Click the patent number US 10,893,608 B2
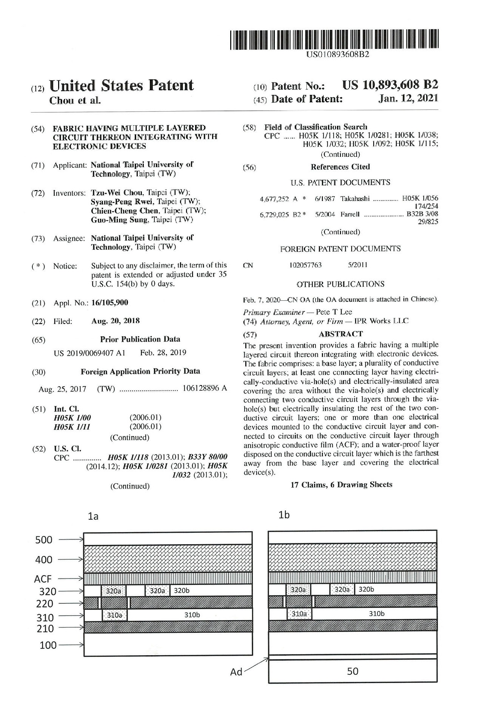pyautogui.click(x=390, y=85)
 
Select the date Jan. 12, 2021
pyautogui.click(x=408, y=99)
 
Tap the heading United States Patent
pyautogui.click(x=121, y=86)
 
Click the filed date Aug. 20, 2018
pyautogui.click(x=115, y=321)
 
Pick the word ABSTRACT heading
pyautogui.click(x=340, y=334)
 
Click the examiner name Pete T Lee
pyautogui.click(x=334, y=312)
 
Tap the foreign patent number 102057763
pyautogui.click(x=305, y=265)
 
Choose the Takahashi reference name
pyautogui.click(x=355, y=199)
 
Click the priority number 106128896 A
pyautogui.click(x=204, y=388)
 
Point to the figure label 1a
pyautogui.click(x=93, y=516)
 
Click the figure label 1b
pyautogui.click(x=284, y=515)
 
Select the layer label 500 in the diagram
pyautogui.click(x=44, y=540)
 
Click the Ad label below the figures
pyautogui.click(x=236, y=672)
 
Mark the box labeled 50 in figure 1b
pyautogui.click(x=352, y=671)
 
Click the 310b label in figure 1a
pyautogui.click(x=192, y=615)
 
